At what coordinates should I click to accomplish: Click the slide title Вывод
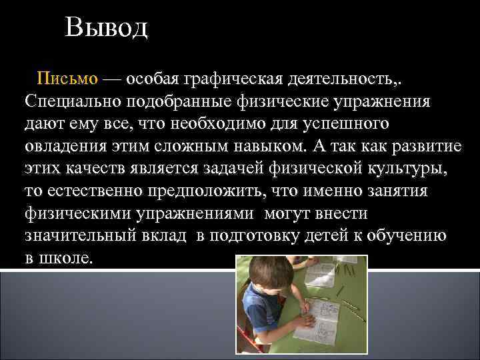point(107,29)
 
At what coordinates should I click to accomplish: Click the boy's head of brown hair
point(270,273)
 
